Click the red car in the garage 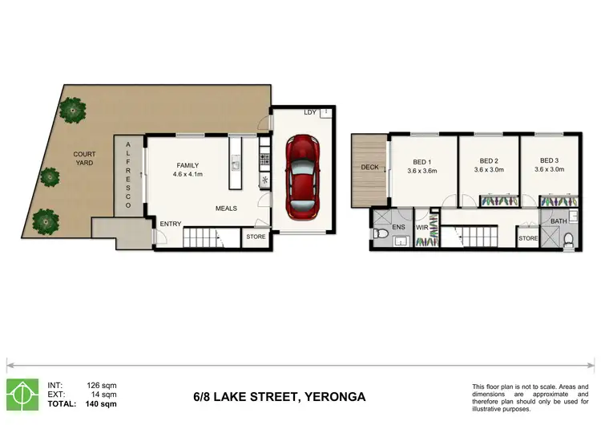302,177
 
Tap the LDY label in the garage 310,112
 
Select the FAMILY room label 188,165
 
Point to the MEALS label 226,208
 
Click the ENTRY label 171,224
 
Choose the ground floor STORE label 256,237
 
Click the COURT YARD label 84,159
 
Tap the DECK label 369,168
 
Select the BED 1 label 422,162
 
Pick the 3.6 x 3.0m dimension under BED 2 489,169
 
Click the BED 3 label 549,160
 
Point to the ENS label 398,227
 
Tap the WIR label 422,228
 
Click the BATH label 559,221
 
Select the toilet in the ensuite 380,233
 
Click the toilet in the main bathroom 569,241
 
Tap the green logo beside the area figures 22,395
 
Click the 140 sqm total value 101,404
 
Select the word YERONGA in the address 335,397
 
